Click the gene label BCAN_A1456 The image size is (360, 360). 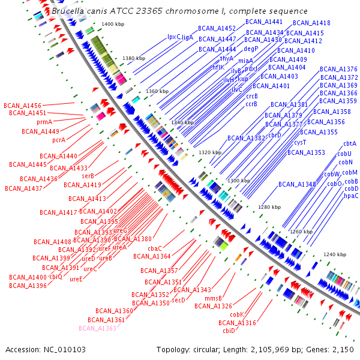(22, 105)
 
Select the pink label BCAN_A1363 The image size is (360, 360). (97, 328)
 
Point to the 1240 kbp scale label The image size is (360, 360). (334, 254)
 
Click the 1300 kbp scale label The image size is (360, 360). (239, 181)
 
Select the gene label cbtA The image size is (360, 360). (349, 144)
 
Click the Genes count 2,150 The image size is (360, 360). (342, 349)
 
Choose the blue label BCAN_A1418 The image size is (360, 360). (312, 23)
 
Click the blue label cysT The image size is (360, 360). (300, 142)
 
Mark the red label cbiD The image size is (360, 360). (229, 331)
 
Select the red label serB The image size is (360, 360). (88, 176)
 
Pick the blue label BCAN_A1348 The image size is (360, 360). (298, 184)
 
